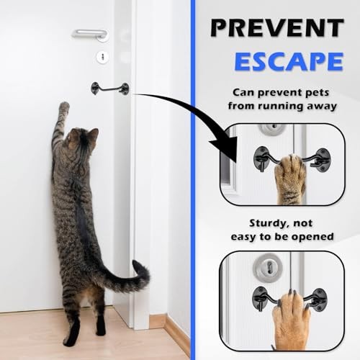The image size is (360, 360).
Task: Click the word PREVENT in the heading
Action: (277, 27)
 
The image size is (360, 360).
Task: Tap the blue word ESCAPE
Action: (289, 61)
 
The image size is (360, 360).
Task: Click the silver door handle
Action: (90, 35)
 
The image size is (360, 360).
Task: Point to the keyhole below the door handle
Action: (102, 57)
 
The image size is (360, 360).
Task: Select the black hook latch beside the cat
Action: (110, 89)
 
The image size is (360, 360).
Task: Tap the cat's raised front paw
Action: (64, 107)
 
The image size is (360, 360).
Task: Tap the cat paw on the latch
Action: (289, 178)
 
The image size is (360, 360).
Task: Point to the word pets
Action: (318, 93)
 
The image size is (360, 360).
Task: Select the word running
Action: (276, 107)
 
